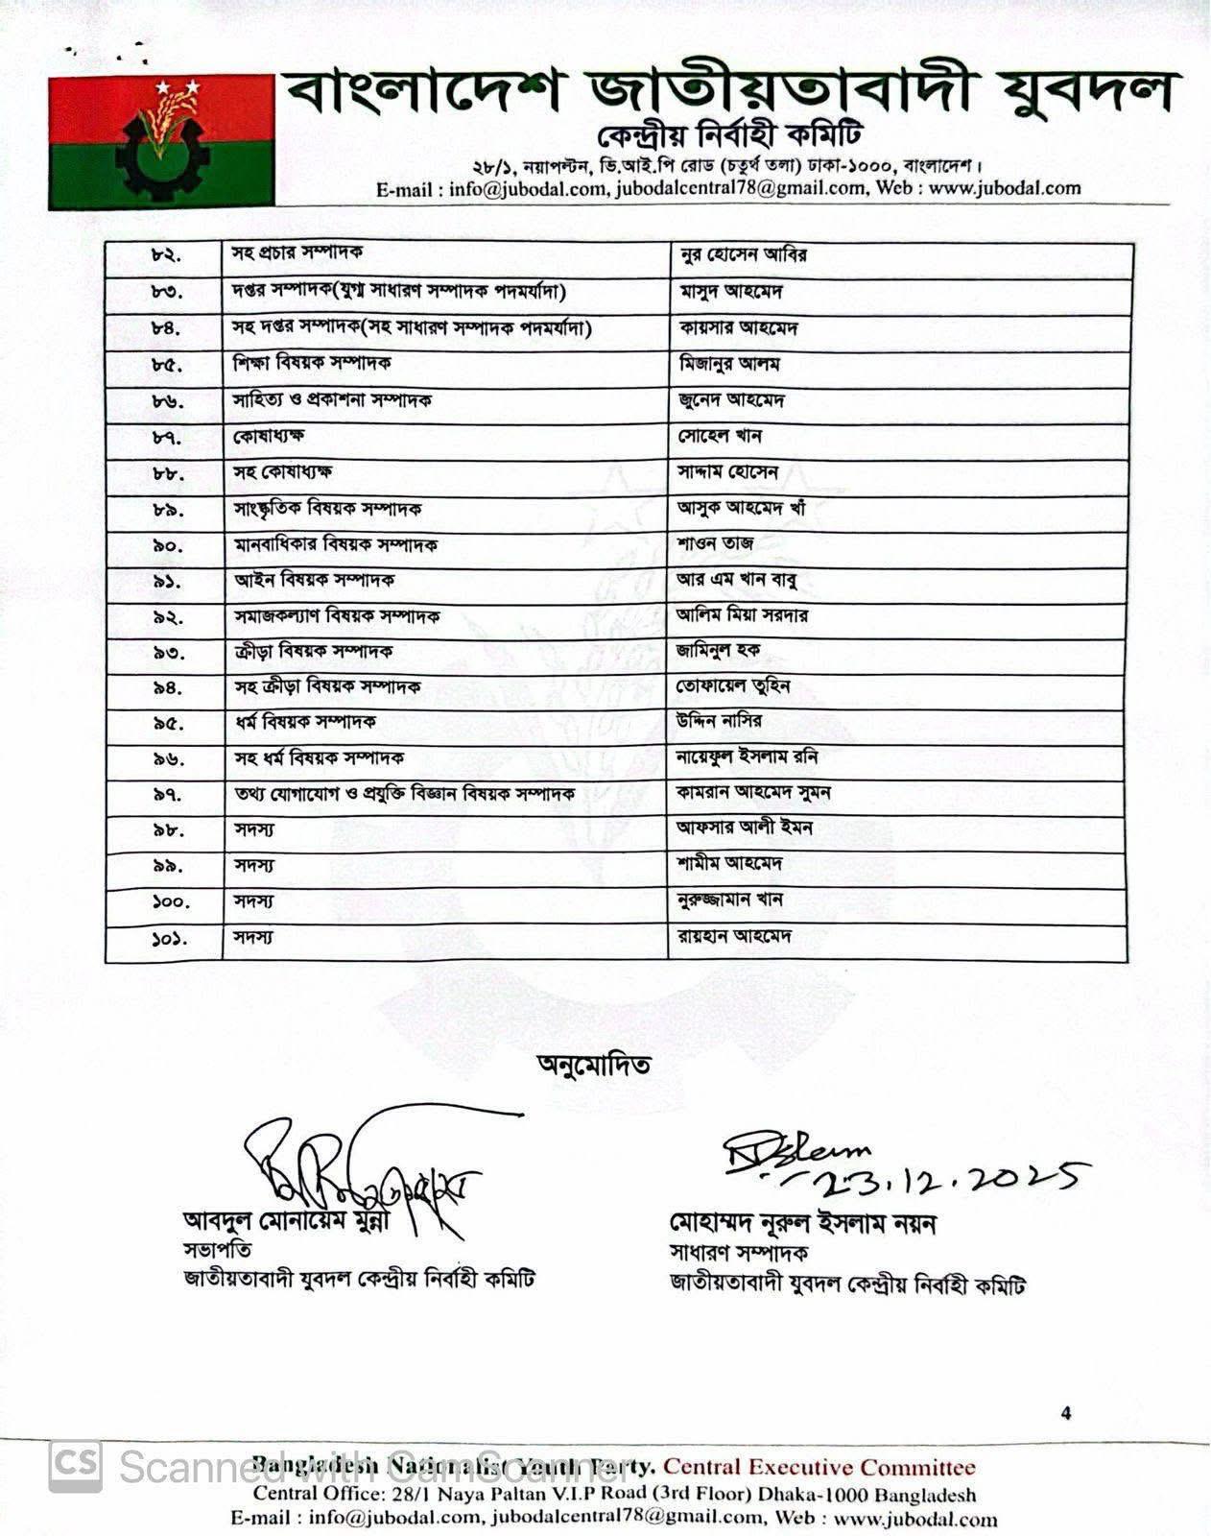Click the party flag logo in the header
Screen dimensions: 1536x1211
[161, 141]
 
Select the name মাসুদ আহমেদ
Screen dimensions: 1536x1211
[730, 292]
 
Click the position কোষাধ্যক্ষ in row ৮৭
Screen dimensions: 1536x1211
[270, 437]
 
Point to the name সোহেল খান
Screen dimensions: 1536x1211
[720, 437]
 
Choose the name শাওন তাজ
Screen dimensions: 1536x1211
[715, 544]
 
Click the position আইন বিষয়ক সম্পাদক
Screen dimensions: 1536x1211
[315, 581]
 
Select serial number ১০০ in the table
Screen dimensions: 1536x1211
[171, 901]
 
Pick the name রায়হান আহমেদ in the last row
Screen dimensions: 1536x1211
[734, 936]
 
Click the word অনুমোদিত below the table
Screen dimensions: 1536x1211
[594, 1065]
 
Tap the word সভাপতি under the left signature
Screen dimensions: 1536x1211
[218, 1250]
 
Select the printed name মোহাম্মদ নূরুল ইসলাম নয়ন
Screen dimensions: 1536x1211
[802, 1224]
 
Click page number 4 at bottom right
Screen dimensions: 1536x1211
[1066, 1413]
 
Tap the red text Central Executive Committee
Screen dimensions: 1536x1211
[819, 1467]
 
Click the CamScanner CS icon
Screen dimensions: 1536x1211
[76, 1466]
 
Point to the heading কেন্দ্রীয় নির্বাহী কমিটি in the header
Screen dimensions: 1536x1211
[729, 135]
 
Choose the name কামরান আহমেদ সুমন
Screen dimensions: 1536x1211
[753, 793]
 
